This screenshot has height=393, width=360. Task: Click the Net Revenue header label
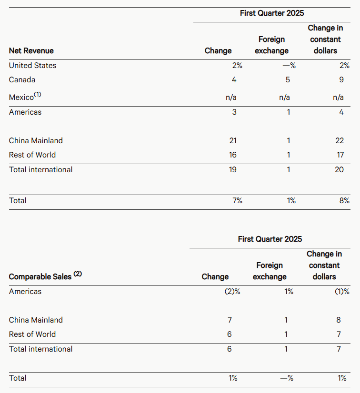(x=31, y=51)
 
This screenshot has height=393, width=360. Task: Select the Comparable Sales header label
(x=40, y=276)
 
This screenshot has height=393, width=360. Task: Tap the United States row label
(x=32, y=66)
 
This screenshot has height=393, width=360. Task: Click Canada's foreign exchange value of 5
(x=288, y=80)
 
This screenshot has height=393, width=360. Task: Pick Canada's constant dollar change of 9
(x=341, y=80)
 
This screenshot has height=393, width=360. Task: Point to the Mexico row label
(x=21, y=98)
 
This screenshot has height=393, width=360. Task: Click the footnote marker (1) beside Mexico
(x=38, y=95)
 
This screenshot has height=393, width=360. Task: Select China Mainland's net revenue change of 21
(x=232, y=141)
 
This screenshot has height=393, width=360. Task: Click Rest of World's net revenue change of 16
(x=232, y=155)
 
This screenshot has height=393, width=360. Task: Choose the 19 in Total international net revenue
(x=232, y=170)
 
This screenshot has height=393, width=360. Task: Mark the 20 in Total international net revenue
(x=339, y=170)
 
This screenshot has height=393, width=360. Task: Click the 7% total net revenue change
(x=237, y=201)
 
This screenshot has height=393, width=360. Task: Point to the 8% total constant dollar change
(x=344, y=201)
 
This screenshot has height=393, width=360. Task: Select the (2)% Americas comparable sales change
(x=232, y=292)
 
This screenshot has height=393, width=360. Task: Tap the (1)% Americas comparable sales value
(x=342, y=292)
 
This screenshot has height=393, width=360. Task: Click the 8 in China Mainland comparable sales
(x=339, y=320)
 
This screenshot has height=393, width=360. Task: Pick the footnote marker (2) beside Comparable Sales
(x=78, y=274)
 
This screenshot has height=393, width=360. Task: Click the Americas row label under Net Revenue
(x=25, y=112)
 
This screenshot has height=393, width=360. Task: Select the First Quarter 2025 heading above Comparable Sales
(x=270, y=239)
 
